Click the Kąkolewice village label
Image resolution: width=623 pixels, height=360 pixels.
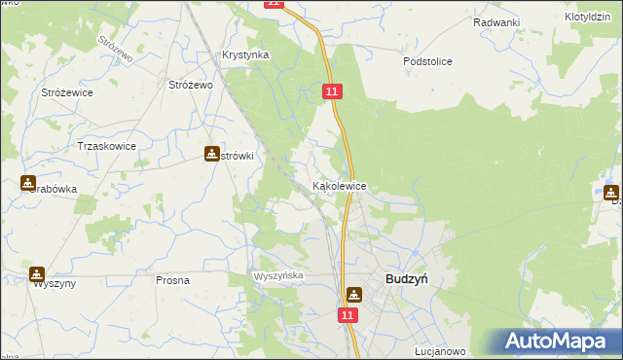point(339,185)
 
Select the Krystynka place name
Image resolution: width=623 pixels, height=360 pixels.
point(245,55)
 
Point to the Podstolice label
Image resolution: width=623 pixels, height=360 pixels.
point(428,61)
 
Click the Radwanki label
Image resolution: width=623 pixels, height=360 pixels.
point(496,22)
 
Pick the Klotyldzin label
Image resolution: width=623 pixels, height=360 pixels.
point(586,18)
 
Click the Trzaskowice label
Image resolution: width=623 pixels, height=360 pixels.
point(106,146)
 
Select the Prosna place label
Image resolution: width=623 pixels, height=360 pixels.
point(172,280)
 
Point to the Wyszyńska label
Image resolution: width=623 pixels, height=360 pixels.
point(279,276)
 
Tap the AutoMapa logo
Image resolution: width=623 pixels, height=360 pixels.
point(558,341)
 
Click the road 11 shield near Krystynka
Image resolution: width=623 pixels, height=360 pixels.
point(333,90)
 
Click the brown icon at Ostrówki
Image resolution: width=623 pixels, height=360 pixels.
point(212,154)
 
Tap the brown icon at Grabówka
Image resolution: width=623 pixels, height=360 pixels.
point(28,182)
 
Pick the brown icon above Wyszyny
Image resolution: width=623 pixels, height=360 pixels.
point(37,275)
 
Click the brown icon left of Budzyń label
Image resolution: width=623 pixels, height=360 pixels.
point(353,293)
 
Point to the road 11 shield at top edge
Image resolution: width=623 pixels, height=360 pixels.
point(274,4)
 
